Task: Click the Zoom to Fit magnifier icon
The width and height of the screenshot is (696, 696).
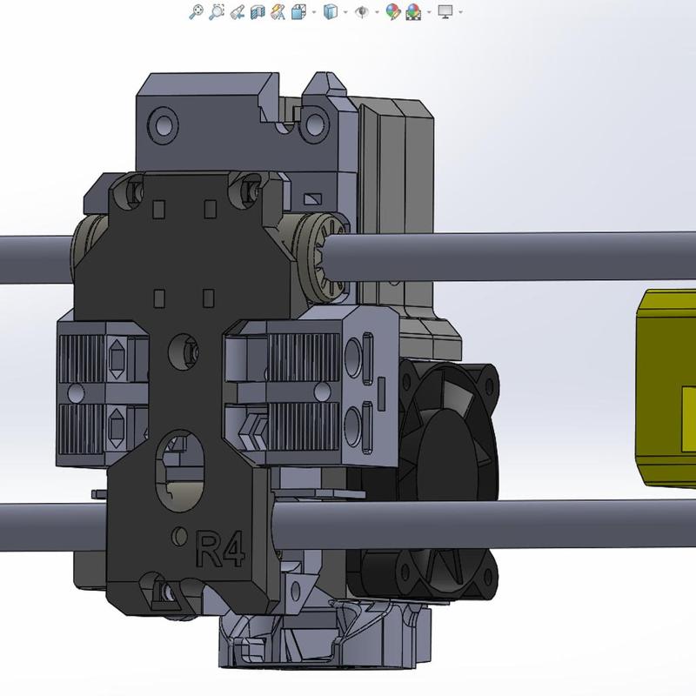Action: point(197,12)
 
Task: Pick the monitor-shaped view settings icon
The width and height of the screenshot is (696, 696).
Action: point(445,12)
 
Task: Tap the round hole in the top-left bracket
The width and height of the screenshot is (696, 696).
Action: point(162,118)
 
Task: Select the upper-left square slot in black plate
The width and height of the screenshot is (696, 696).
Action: point(159,208)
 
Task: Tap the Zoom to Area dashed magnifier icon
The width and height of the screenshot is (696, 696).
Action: point(217,12)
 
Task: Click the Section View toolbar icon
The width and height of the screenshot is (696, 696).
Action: point(257,12)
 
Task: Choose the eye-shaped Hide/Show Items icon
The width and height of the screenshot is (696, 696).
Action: point(360,12)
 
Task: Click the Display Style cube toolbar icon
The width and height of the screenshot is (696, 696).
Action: point(330,12)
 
